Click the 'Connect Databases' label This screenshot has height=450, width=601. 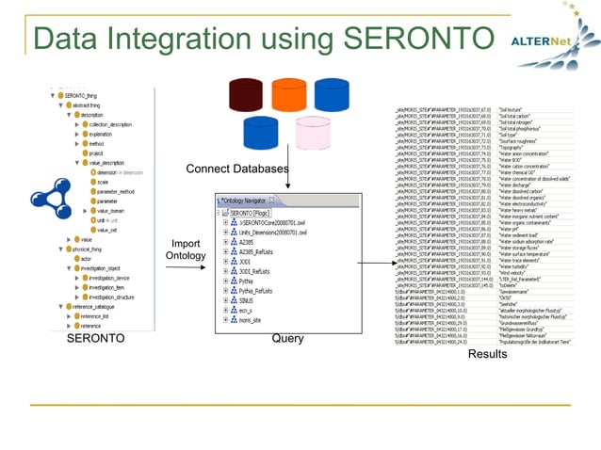236,169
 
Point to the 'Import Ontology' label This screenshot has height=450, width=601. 185,249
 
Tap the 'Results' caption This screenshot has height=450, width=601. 487,354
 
